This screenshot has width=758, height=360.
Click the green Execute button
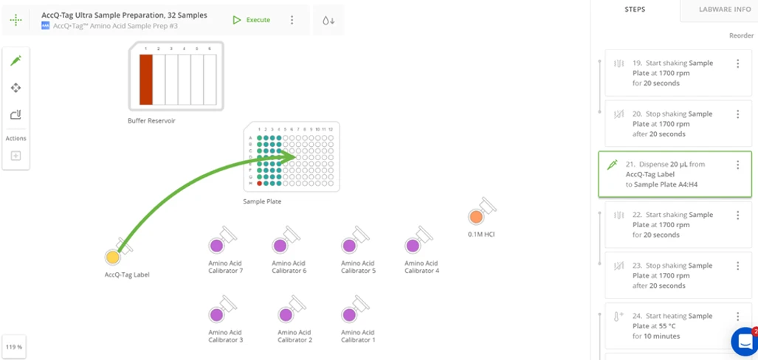pyautogui.click(x=252, y=20)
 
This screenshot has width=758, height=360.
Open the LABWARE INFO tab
pyautogui.click(x=725, y=10)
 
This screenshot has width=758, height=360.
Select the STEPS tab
pyautogui.click(x=635, y=10)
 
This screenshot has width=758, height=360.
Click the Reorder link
pyautogui.click(x=741, y=36)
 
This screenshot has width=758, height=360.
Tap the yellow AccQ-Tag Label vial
pyautogui.click(x=112, y=257)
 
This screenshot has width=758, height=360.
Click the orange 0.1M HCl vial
pyautogui.click(x=476, y=217)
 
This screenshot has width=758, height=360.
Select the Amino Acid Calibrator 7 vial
pyautogui.click(x=216, y=246)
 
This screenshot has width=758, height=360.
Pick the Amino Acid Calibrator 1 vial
pyautogui.click(x=349, y=315)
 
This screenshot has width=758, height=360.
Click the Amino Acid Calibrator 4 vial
pyautogui.click(x=413, y=246)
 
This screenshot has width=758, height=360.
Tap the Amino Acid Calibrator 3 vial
pyautogui.click(x=216, y=315)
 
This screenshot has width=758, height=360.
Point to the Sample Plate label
pyautogui.click(x=262, y=201)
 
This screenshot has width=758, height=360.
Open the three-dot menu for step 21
pyautogui.click(x=737, y=165)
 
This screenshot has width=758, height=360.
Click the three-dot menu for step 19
pyautogui.click(x=737, y=64)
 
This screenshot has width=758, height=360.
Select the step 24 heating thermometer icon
pyautogui.click(x=619, y=316)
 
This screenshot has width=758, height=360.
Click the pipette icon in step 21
pyautogui.click(x=612, y=165)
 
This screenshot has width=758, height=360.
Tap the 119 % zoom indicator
pyautogui.click(x=14, y=347)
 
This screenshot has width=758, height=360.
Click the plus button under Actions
pyautogui.click(x=15, y=156)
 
